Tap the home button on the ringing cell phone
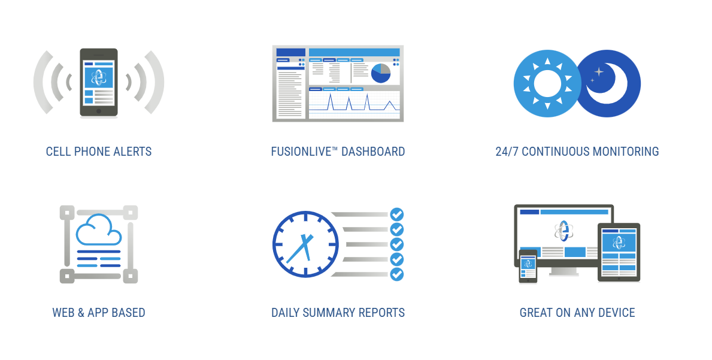99,111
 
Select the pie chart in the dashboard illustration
380,74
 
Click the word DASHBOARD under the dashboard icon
373,152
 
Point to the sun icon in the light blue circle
547,83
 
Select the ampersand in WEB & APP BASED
81,313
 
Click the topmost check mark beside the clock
397,214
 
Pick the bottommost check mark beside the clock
397,274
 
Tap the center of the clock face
305,244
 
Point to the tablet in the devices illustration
619,252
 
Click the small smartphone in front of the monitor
528,267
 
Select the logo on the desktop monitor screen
563,231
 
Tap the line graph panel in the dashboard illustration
354,104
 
